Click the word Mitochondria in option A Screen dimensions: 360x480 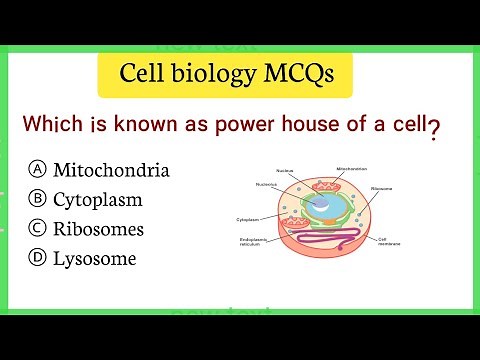[x=111, y=170]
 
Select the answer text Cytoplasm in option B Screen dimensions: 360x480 [x=98, y=199]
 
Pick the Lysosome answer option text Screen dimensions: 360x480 [x=95, y=258]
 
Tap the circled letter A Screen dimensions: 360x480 [x=37, y=170]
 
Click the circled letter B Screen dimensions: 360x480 [x=37, y=199]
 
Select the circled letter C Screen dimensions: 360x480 [x=37, y=229]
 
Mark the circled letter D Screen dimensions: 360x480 [x=37, y=258]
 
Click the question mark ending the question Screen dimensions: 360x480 [x=434, y=129]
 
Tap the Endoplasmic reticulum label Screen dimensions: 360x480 [x=256, y=242]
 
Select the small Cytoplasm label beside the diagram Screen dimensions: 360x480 [x=248, y=218]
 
